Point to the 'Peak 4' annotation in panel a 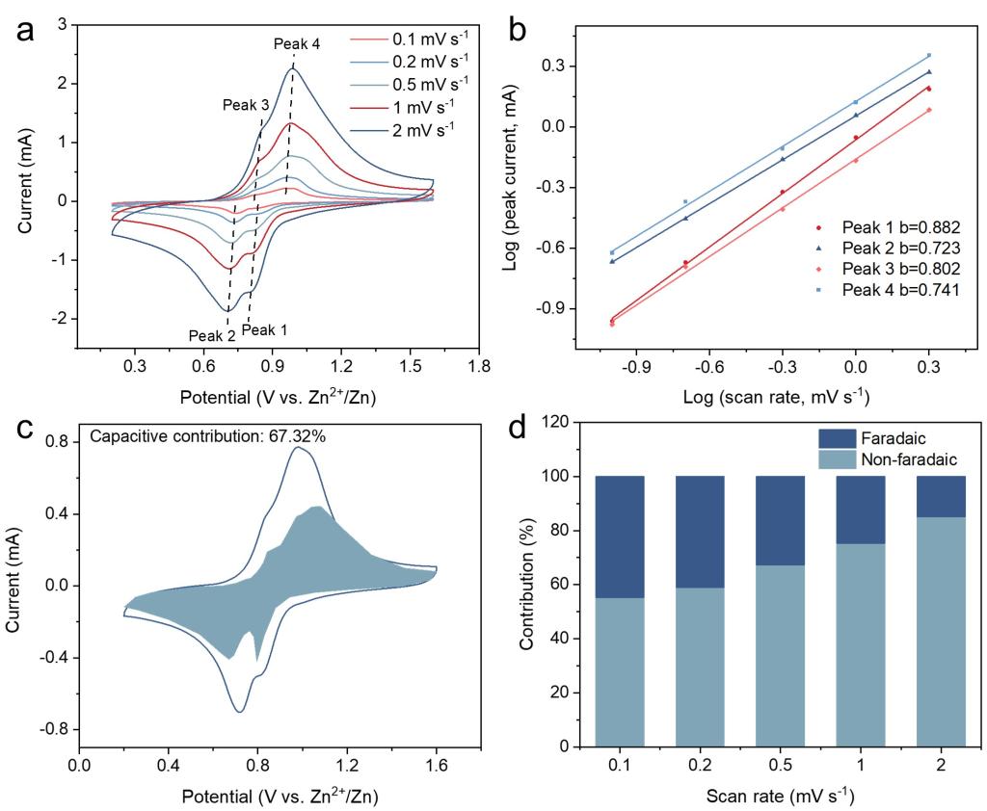[x=297, y=44]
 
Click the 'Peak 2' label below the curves [x=212, y=336]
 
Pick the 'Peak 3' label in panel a [x=246, y=105]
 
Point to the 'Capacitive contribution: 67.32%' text [x=207, y=436]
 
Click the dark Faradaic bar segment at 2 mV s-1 [x=940, y=496]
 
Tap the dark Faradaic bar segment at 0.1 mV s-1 [x=619, y=536]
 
